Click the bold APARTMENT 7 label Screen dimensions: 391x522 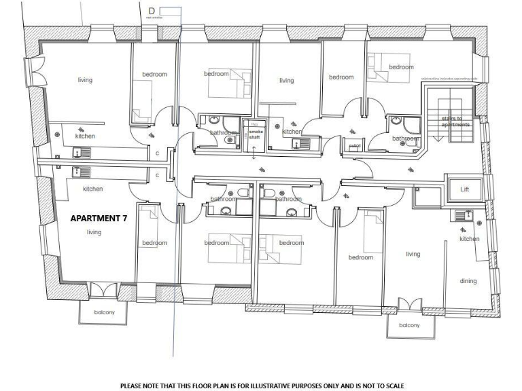pyautogui.click(x=99, y=219)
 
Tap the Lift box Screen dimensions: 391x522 pyautogui.click(x=465, y=189)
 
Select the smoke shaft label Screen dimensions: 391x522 pyautogui.click(x=254, y=134)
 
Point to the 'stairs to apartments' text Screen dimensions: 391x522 pyautogui.click(x=451, y=122)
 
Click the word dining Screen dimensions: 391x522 pyautogui.click(x=468, y=281)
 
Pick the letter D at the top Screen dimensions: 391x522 pyautogui.click(x=151, y=10)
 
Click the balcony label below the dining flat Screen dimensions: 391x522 pyautogui.click(x=409, y=325)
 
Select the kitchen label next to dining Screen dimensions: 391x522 pyautogui.click(x=469, y=239)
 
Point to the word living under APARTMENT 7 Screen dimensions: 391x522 pyautogui.click(x=94, y=232)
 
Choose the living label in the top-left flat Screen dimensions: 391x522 pyautogui.click(x=84, y=80)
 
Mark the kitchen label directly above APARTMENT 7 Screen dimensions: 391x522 pyautogui.click(x=92, y=189)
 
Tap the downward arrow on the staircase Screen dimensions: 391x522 pyautogui.click(x=438, y=136)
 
